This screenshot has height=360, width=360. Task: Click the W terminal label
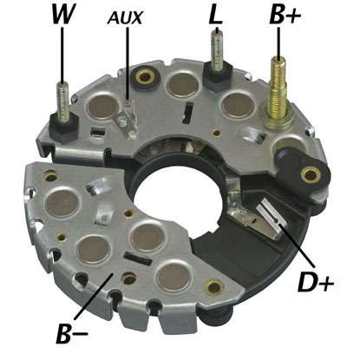pos(62,14)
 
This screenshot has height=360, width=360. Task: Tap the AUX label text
pos(125,18)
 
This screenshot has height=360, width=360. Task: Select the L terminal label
pos(215,14)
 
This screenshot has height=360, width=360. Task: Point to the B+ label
pos(285,14)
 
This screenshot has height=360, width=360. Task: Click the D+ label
pos(316,282)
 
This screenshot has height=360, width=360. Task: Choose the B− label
pos(72,333)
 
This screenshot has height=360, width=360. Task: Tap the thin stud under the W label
pos(62,101)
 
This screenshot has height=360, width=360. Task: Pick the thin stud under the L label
pos(217,49)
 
